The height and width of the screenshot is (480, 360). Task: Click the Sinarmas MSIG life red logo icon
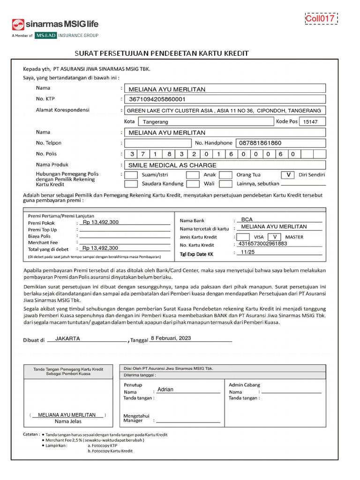(18, 24)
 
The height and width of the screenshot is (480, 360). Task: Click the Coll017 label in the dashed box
(321, 19)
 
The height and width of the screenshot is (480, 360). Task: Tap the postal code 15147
(310, 122)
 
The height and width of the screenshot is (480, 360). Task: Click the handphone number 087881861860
(260, 143)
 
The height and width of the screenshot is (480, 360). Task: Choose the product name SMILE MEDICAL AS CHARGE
(172, 165)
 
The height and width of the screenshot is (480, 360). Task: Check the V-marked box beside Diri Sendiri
(289, 175)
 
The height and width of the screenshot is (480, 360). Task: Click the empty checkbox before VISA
(243, 237)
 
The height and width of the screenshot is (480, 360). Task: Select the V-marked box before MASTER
(276, 237)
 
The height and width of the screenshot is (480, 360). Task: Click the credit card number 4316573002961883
(262, 244)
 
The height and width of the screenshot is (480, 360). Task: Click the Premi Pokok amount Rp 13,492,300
(100, 222)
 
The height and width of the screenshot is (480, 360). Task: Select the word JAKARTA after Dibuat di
(67, 338)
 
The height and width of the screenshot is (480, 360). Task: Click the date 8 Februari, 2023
(171, 338)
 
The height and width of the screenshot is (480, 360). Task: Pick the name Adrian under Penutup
(165, 390)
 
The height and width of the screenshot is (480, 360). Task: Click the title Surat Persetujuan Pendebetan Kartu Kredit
(162, 53)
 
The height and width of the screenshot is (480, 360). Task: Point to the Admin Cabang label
(244, 385)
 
